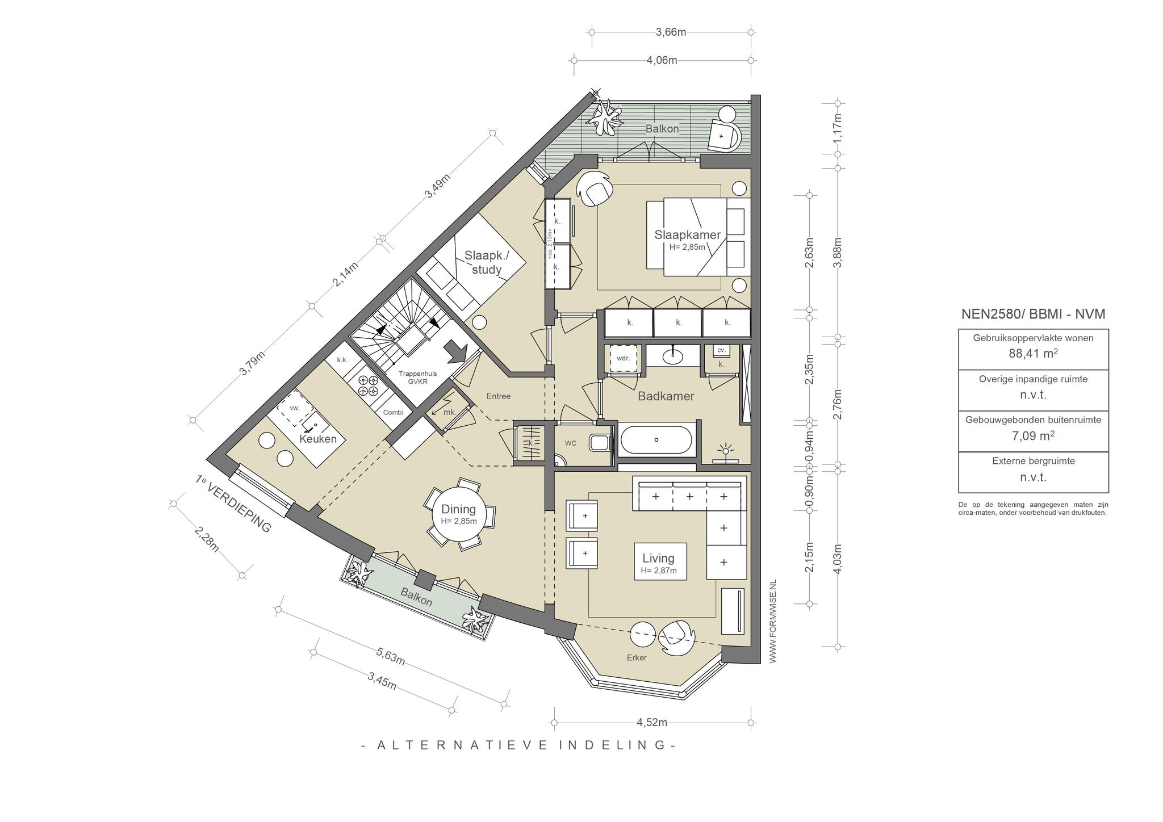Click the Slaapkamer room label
(x=687, y=234)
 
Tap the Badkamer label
(x=666, y=396)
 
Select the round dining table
(x=459, y=514)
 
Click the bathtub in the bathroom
(x=656, y=440)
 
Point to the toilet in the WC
(x=600, y=442)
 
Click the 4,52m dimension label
(x=652, y=723)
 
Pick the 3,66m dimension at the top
(x=671, y=32)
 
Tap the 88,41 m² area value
(x=1034, y=354)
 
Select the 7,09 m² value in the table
(x=1034, y=436)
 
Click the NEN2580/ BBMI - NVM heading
(x=1033, y=314)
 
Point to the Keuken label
(x=318, y=439)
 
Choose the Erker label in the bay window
(x=637, y=658)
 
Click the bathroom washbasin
(x=674, y=355)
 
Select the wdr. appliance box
(x=624, y=358)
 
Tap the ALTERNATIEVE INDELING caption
(x=518, y=745)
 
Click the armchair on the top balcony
(x=725, y=135)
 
